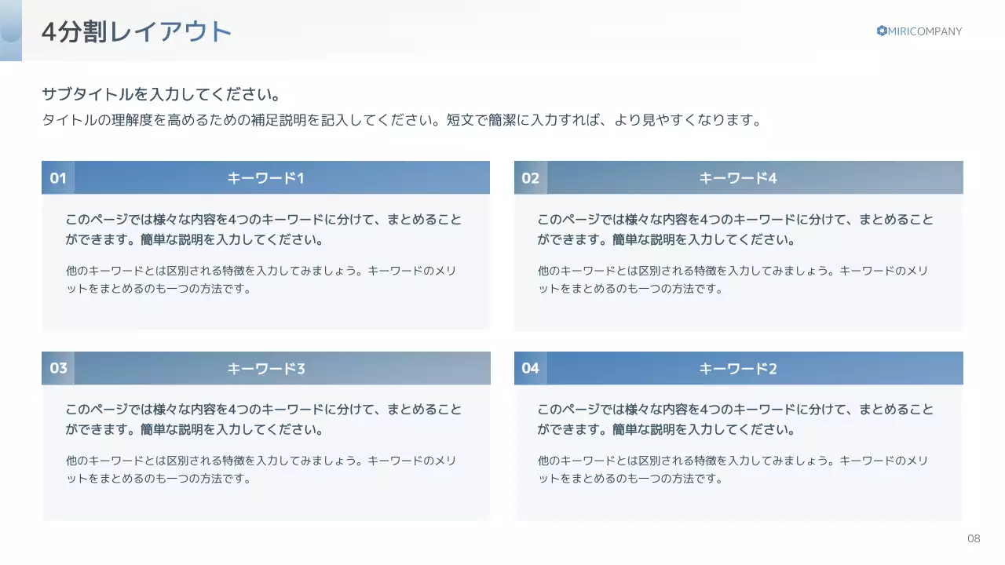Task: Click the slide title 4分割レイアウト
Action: coord(137,32)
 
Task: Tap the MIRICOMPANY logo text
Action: coord(924,31)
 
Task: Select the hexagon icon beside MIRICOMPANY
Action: coord(882,31)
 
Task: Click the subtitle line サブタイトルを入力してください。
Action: coord(161,95)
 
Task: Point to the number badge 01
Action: coord(58,178)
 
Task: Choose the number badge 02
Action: coord(531,178)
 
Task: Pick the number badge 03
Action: coord(58,368)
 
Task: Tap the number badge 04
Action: coord(531,368)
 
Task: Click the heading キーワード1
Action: coord(265,178)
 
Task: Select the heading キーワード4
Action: coord(738,178)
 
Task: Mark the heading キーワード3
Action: coord(265,368)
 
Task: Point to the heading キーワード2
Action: coord(738,368)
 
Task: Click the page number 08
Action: coord(974,538)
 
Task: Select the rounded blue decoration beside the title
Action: coord(11,31)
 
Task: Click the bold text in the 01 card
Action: coord(263,229)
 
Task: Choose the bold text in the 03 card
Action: coord(263,419)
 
